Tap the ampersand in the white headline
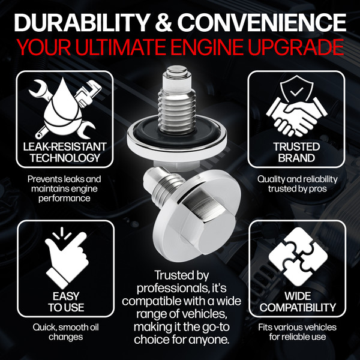(163, 23)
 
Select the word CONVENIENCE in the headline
(262, 22)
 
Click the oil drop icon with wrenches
(65, 108)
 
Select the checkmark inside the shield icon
(296, 92)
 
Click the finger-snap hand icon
(66, 257)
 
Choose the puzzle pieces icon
(298, 257)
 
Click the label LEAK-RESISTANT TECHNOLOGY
(65, 152)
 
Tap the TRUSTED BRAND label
(296, 152)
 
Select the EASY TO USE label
(66, 302)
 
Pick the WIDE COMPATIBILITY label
(298, 302)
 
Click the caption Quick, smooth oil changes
(65, 332)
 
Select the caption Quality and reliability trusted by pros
(298, 184)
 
